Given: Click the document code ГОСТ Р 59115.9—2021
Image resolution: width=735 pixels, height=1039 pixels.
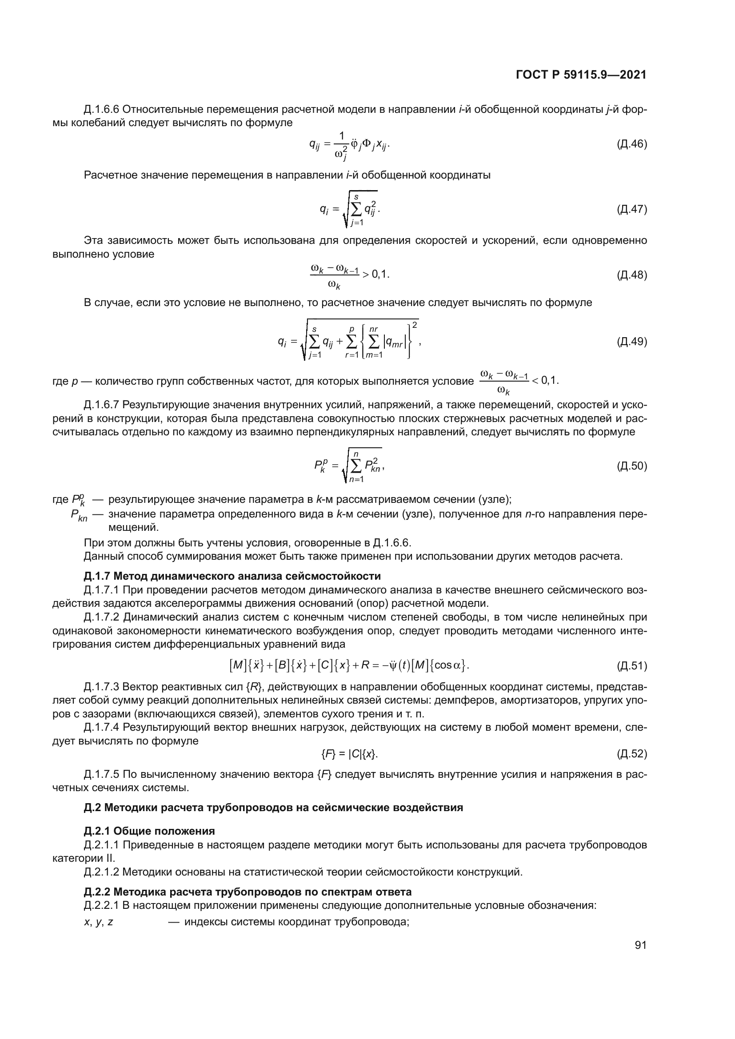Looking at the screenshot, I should click(581, 75).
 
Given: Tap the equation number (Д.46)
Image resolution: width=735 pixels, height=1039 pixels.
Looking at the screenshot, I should click(632, 144).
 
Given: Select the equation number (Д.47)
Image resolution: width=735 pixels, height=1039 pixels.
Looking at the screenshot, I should click(632, 209).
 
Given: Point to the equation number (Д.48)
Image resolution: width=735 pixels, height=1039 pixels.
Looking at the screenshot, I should click(632, 275).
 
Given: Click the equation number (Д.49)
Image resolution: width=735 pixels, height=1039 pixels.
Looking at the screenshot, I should click(632, 341).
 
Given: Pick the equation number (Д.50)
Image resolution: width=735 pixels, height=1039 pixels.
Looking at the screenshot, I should click(632, 466).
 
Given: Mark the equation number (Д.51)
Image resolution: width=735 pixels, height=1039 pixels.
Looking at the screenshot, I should click(632, 666).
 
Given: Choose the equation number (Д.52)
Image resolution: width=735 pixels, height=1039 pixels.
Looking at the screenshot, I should click(632, 753).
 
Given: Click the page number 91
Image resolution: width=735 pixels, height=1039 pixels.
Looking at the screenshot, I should click(640, 945).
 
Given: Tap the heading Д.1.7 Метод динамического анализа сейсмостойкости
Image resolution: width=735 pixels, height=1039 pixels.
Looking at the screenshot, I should click(232, 576).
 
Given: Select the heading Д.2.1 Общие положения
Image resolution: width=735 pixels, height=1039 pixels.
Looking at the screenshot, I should click(149, 831).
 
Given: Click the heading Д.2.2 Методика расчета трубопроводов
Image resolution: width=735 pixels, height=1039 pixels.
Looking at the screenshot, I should click(248, 892).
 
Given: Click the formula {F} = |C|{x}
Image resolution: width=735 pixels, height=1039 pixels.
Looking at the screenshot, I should click(349, 753).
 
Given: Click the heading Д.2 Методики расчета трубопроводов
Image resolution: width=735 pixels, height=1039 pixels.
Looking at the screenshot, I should click(273, 807).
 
